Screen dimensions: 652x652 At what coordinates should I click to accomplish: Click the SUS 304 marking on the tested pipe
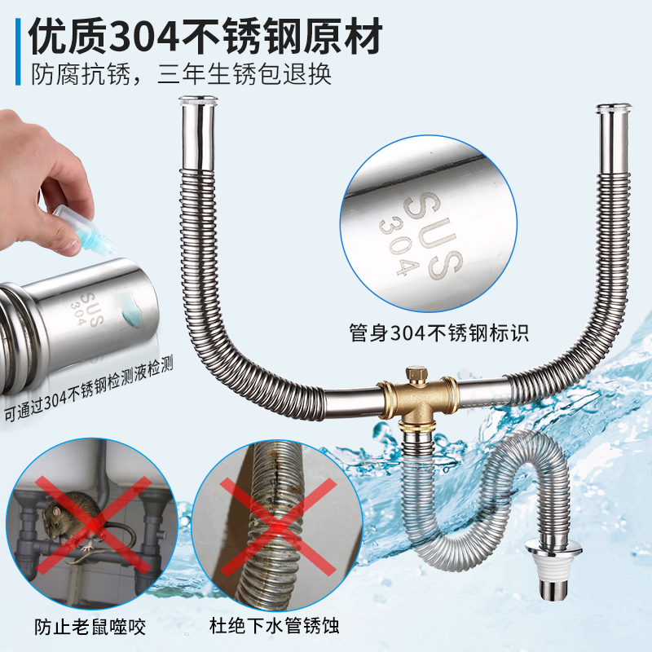pyautogui.click(x=88, y=309)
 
